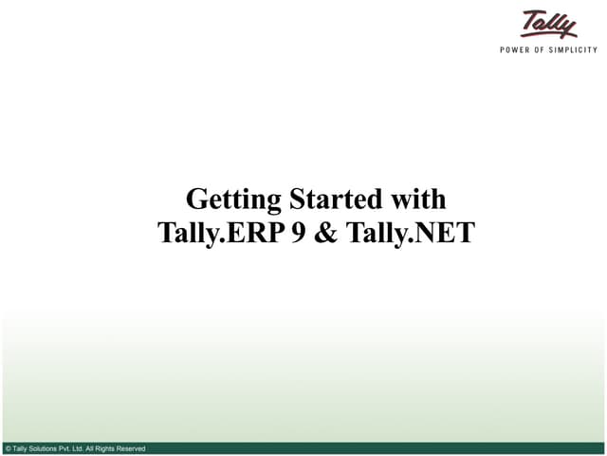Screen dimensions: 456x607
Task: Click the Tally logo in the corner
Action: coord(548,23)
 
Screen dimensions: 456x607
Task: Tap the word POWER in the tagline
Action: coord(516,49)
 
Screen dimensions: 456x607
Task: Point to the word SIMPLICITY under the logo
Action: coord(576,49)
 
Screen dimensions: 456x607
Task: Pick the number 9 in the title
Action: coord(298,234)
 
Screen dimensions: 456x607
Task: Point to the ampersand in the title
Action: coord(326,234)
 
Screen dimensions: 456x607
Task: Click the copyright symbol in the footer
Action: coord(8,448)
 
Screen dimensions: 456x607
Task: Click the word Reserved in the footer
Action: coord(135,448)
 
